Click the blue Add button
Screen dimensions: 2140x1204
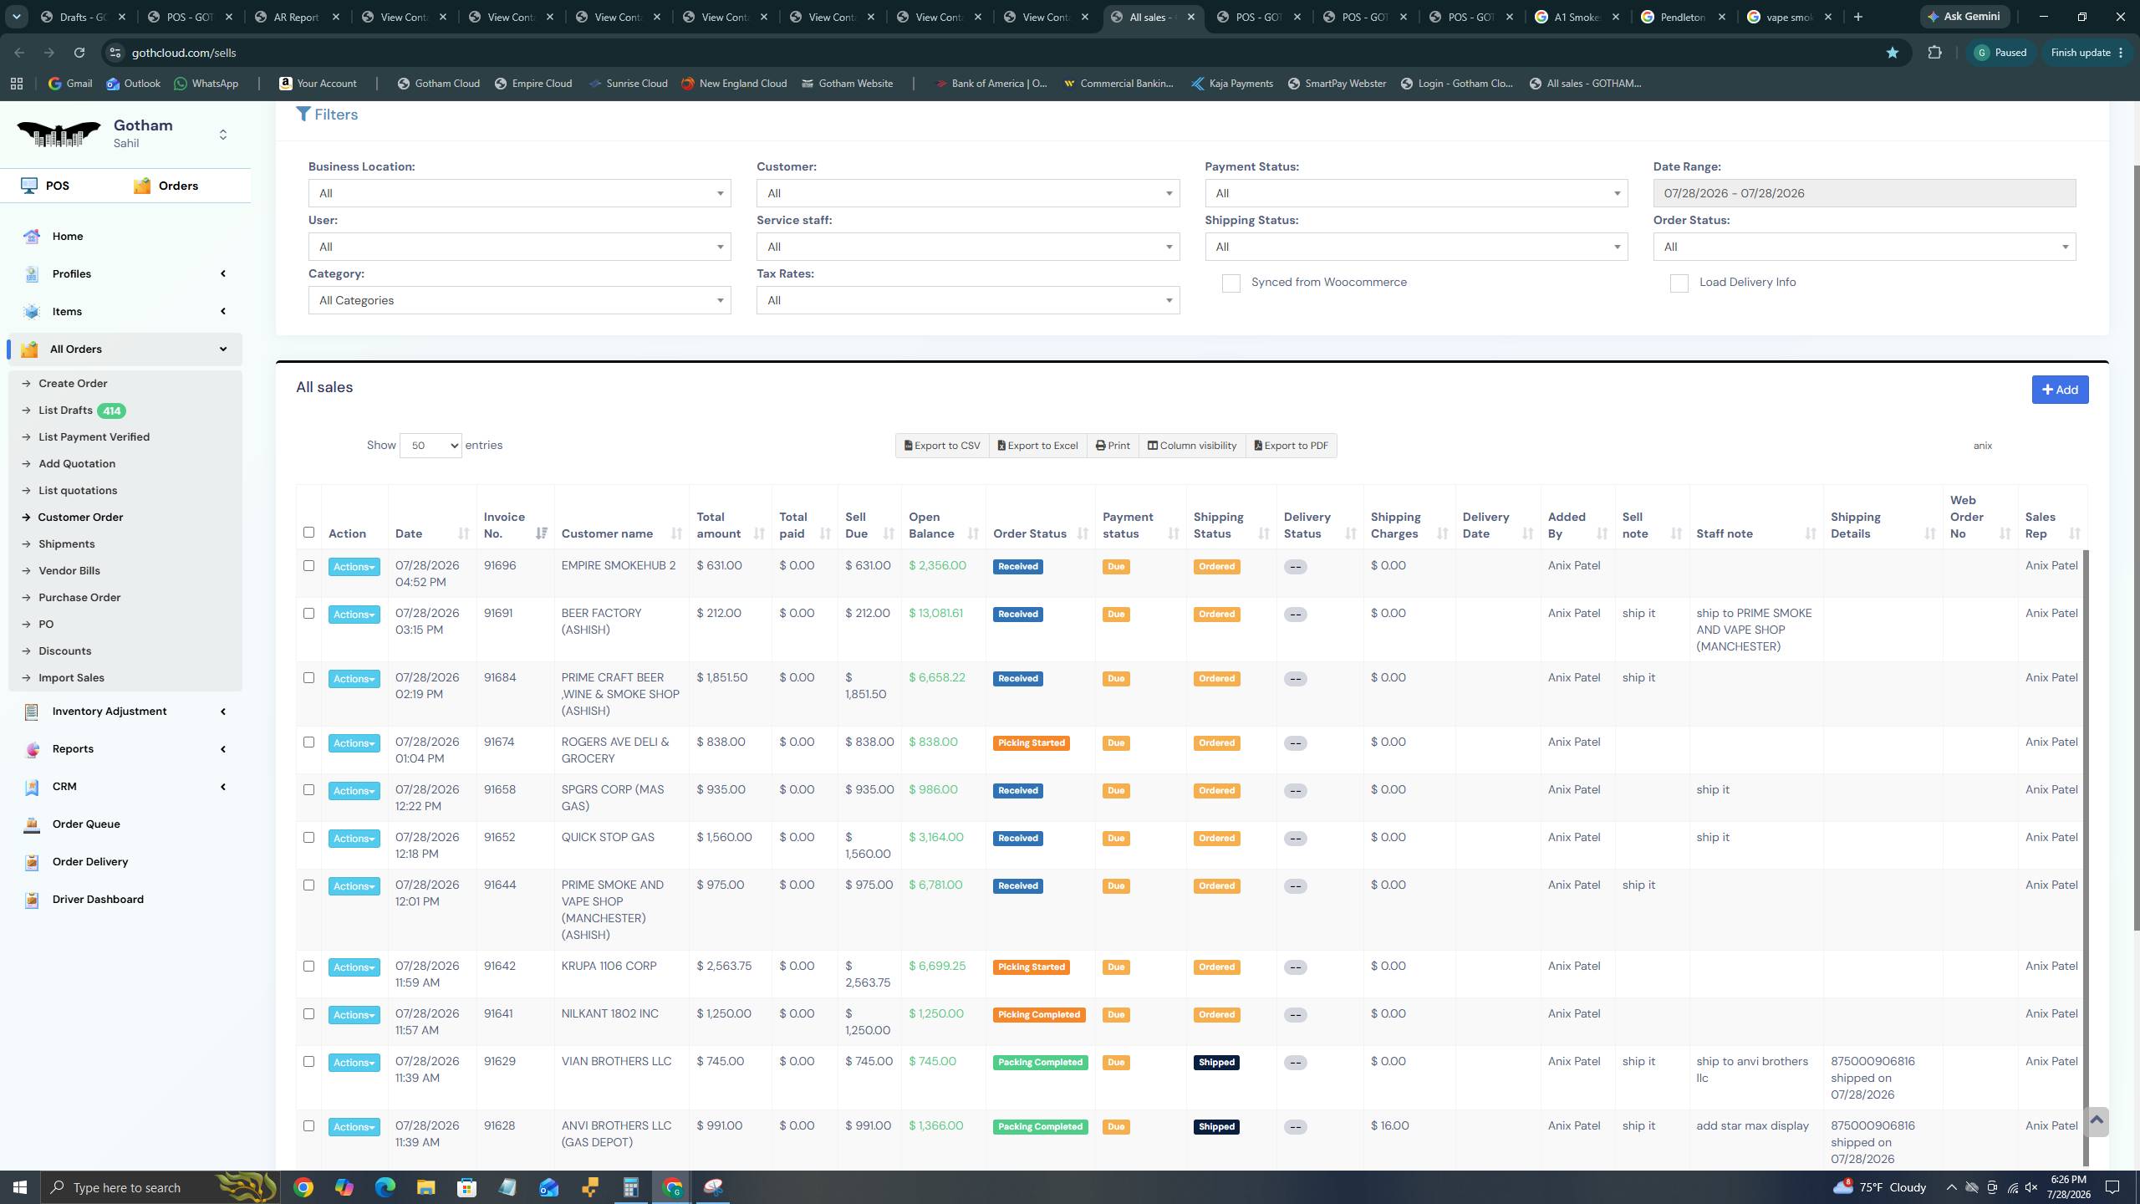(x=2060, y=390)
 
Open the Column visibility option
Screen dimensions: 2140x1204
(x=1191, y=446)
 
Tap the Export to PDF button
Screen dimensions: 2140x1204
(x=1291, y=446)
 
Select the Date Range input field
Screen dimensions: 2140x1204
(x=1864, y=193)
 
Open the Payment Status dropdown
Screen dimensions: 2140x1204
(x=1416, y=193)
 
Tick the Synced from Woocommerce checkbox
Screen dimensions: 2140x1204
(x=1230, y=283)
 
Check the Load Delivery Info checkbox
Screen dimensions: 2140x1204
(x=1679, y=283)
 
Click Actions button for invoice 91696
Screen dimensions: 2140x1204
(x=354, y=567)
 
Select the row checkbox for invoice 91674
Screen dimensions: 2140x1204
(x=308, y=742)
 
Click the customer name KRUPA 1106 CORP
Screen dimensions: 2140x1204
(x=609, y=966)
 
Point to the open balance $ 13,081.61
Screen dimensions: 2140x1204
(x=935, y=613)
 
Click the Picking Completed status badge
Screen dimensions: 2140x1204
(x=1039, y=1015)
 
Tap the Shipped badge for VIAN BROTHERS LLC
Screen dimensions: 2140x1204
(x=1216, y=1063)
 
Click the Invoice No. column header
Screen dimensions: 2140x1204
(x=504, y=525)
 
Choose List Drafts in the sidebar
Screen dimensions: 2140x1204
(x=65, y=411)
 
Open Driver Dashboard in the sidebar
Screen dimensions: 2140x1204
(x=98, y=900)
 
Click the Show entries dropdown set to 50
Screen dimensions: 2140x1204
(x=431, y=446)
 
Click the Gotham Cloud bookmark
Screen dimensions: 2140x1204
(x=439, y=84)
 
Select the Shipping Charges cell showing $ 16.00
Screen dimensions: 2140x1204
(x=1389, y=1126)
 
